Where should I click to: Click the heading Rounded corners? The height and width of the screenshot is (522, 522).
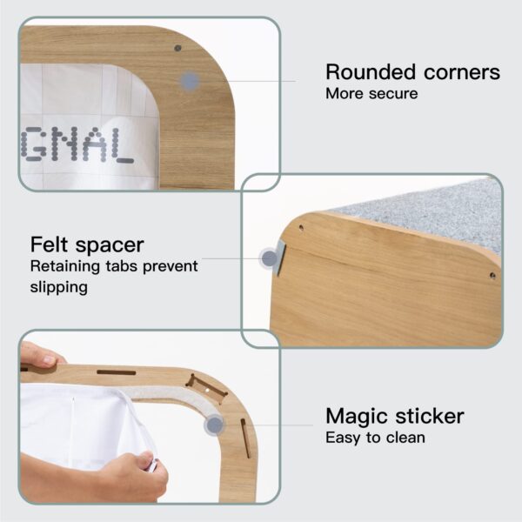[412, 72]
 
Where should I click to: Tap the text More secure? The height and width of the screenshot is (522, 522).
[371, 94]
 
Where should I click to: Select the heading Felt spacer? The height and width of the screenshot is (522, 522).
[87, 245]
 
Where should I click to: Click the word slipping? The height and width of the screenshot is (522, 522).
[59, 287]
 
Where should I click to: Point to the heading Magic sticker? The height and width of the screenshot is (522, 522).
[395, 416]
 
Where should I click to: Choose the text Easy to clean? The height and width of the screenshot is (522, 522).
[375, 438]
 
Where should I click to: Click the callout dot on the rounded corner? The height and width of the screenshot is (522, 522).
[190, 81]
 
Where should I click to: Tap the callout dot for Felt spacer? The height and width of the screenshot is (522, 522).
[270, 258]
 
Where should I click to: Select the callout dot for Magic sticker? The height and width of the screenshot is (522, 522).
[215, 425]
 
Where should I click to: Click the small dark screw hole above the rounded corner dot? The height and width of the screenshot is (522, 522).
[177, 48]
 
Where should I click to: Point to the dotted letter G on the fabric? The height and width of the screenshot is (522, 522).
[31, 145]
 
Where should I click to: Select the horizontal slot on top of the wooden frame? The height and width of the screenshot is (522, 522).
[117, 372]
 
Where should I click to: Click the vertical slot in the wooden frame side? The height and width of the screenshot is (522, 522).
[245, 438]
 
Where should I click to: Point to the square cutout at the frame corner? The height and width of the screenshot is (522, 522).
[206, 390]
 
